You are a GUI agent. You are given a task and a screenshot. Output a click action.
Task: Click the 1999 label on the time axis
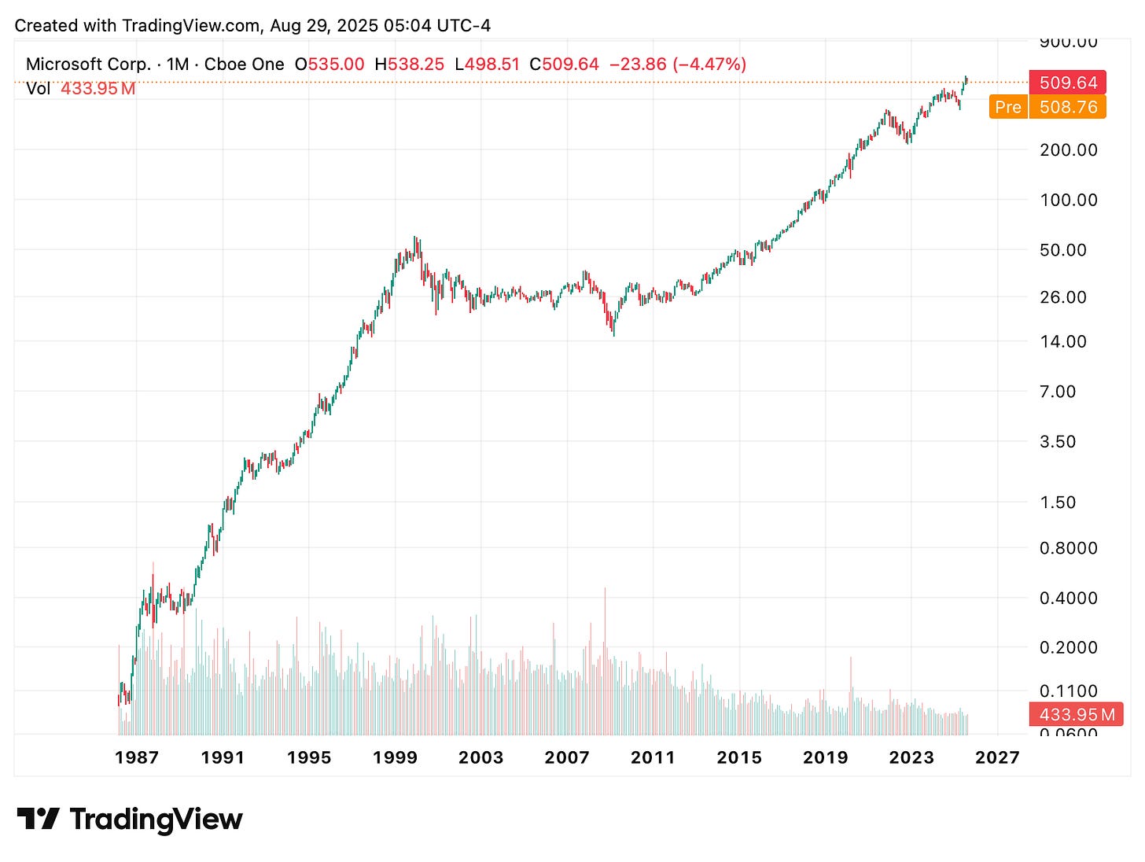click(x=395, y=757)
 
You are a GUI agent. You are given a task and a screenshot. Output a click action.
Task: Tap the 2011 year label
click(x=653, y=757)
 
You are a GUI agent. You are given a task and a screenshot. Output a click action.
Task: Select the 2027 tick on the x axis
click(x=997, y=757)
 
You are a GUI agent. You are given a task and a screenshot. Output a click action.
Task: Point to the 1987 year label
click(x=137, y=757)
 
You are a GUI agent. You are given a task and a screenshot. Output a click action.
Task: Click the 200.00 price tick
click(x=1068, y=149)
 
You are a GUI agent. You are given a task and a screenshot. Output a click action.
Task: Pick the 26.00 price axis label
click(x=1063, y=297)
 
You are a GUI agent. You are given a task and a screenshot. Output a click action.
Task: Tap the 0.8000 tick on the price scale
click(x=1068, y=548)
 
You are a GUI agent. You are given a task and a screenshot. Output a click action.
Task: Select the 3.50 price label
click(x=1058, y=441)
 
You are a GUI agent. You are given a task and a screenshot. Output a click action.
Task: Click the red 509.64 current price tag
click(x=1068, y=83)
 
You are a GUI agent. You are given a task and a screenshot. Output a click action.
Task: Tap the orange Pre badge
click(x=1008, y=107)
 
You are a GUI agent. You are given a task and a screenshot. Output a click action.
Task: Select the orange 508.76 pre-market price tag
click(x=1068, y=107)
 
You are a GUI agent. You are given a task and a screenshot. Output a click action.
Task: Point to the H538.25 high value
click(x=408, y=64)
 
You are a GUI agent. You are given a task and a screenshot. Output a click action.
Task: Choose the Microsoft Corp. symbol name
click(x=88, y=64)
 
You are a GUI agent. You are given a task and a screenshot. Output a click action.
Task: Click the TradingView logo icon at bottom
click(x=38, y=819)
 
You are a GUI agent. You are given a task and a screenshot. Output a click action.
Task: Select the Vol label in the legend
click(x=38, y=88)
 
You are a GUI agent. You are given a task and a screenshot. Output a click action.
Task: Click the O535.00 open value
click(x=330, y=64)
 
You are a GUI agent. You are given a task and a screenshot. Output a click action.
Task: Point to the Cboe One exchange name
click(x=244, y=64)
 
